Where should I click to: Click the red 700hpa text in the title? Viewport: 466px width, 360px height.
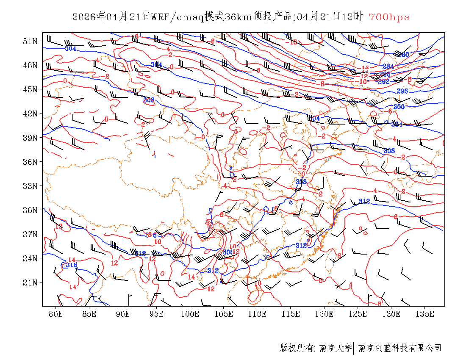(389, 17)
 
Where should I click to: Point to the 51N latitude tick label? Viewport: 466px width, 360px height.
(30, 41)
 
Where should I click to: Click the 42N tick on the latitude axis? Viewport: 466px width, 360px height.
(30, 114)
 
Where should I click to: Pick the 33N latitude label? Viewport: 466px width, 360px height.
(30, 186)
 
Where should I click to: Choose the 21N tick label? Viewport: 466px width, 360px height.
(30, 282)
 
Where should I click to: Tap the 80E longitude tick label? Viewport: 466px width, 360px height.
(56, 314)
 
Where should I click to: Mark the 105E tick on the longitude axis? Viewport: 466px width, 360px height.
(224, 314)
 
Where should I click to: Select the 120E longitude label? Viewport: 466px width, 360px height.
(325, 314)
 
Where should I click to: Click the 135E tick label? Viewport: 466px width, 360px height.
(425, 314)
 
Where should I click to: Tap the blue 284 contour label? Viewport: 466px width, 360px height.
(388, 66)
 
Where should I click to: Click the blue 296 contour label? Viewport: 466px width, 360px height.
(402, 91)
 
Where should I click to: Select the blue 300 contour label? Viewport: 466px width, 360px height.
(399, 107)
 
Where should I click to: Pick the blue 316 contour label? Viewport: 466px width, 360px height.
(72, 265)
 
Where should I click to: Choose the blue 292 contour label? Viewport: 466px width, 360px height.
(384, 81)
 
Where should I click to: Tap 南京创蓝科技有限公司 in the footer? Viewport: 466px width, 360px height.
(400, 348)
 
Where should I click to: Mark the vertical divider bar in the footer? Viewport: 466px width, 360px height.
(354, 348)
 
